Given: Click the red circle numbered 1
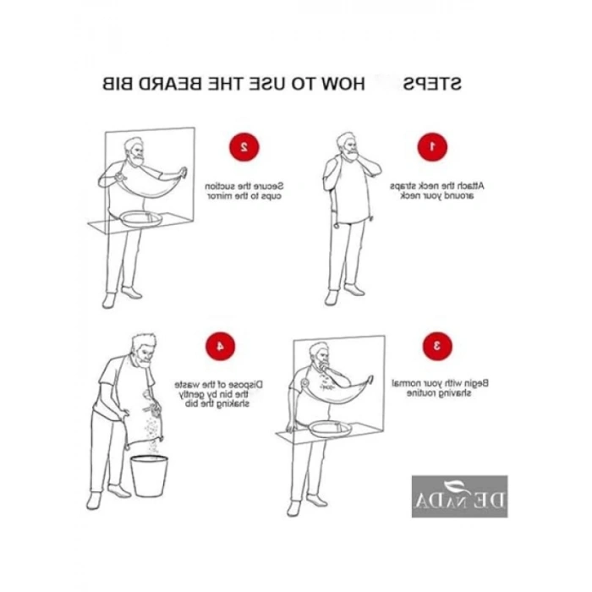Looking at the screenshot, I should [x=431, y=146].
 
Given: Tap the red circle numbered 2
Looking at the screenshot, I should [x=244, y=146].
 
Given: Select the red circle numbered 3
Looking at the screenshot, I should [x=437, y=345].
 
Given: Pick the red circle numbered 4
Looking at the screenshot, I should [x=220, y=345].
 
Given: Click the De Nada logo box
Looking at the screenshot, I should [x=460, y=496].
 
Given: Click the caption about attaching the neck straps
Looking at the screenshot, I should [x=437, y=190].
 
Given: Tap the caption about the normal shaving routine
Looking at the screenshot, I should [x=439, y=387].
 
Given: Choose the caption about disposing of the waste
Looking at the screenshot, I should [x=220, y=392].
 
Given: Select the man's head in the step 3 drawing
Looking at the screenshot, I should [x=318, y=355].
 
